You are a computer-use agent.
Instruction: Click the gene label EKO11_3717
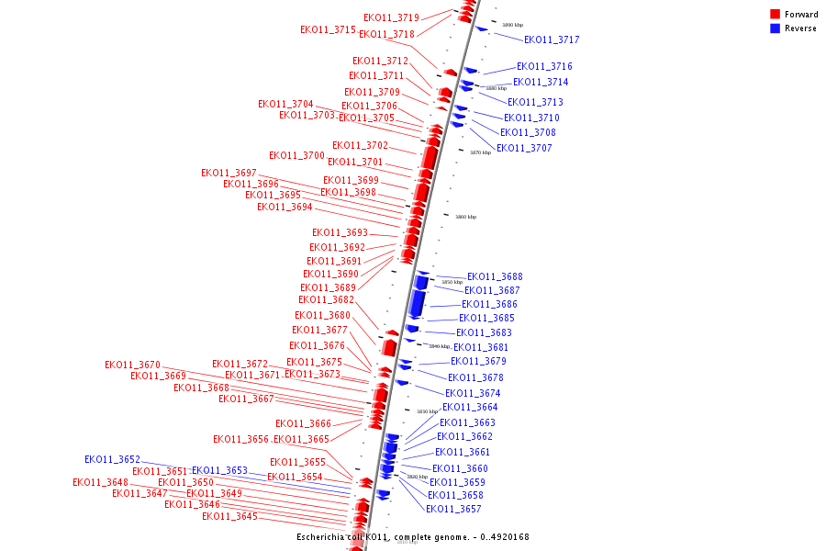click(x=552, y=39)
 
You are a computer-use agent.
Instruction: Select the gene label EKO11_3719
click(x=391, y=17)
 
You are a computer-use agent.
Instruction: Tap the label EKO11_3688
click(x=495, y=276)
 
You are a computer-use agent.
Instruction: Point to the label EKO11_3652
click(x=112, y=459)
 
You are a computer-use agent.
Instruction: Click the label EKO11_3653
click(x=219, y=470)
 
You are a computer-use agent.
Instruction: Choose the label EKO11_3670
click(x=132, y=365)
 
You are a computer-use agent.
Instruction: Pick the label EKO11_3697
click(x=229, y=173)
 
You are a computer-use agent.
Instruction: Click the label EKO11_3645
click(x=229, y=516)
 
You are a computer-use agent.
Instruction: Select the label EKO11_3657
click(x=453, y=509)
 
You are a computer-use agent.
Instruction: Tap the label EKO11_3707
click(x=524, y=148)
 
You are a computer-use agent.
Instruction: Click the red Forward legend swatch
click(x=775, y=15)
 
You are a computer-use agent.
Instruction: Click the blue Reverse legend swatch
click(x=775, y=28)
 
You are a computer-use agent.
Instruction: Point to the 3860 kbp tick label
click(x=465, y=217)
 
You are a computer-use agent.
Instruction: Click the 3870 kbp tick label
click(x=480, y=152)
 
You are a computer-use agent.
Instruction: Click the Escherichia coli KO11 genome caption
click(x=412, y=537)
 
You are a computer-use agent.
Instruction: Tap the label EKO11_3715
click(x=328, y=29)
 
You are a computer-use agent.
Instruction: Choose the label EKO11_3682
click(x=326, y=299)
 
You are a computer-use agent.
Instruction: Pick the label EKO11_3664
click(x=470, y=407)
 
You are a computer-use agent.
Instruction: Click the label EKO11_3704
click(x=285, y=104)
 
